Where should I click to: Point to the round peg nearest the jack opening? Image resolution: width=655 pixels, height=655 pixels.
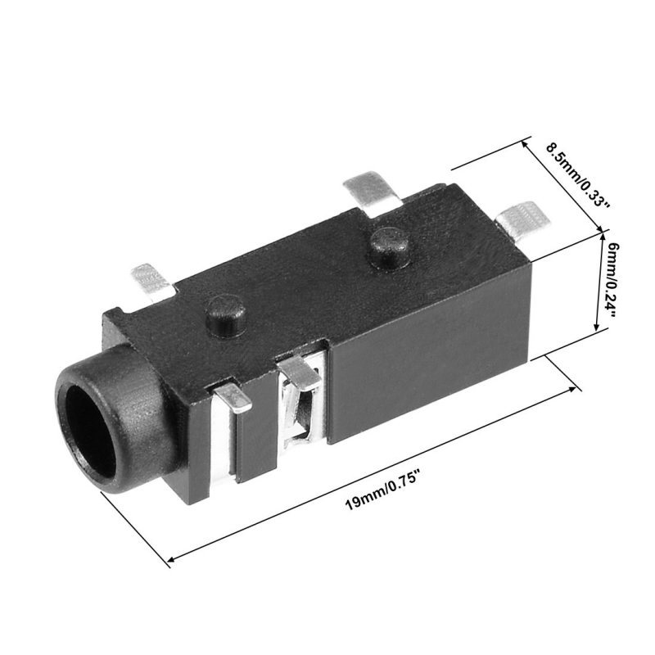click(x=226, y=315)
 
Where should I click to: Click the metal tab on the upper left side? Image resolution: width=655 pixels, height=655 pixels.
click(x=152, y=282)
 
